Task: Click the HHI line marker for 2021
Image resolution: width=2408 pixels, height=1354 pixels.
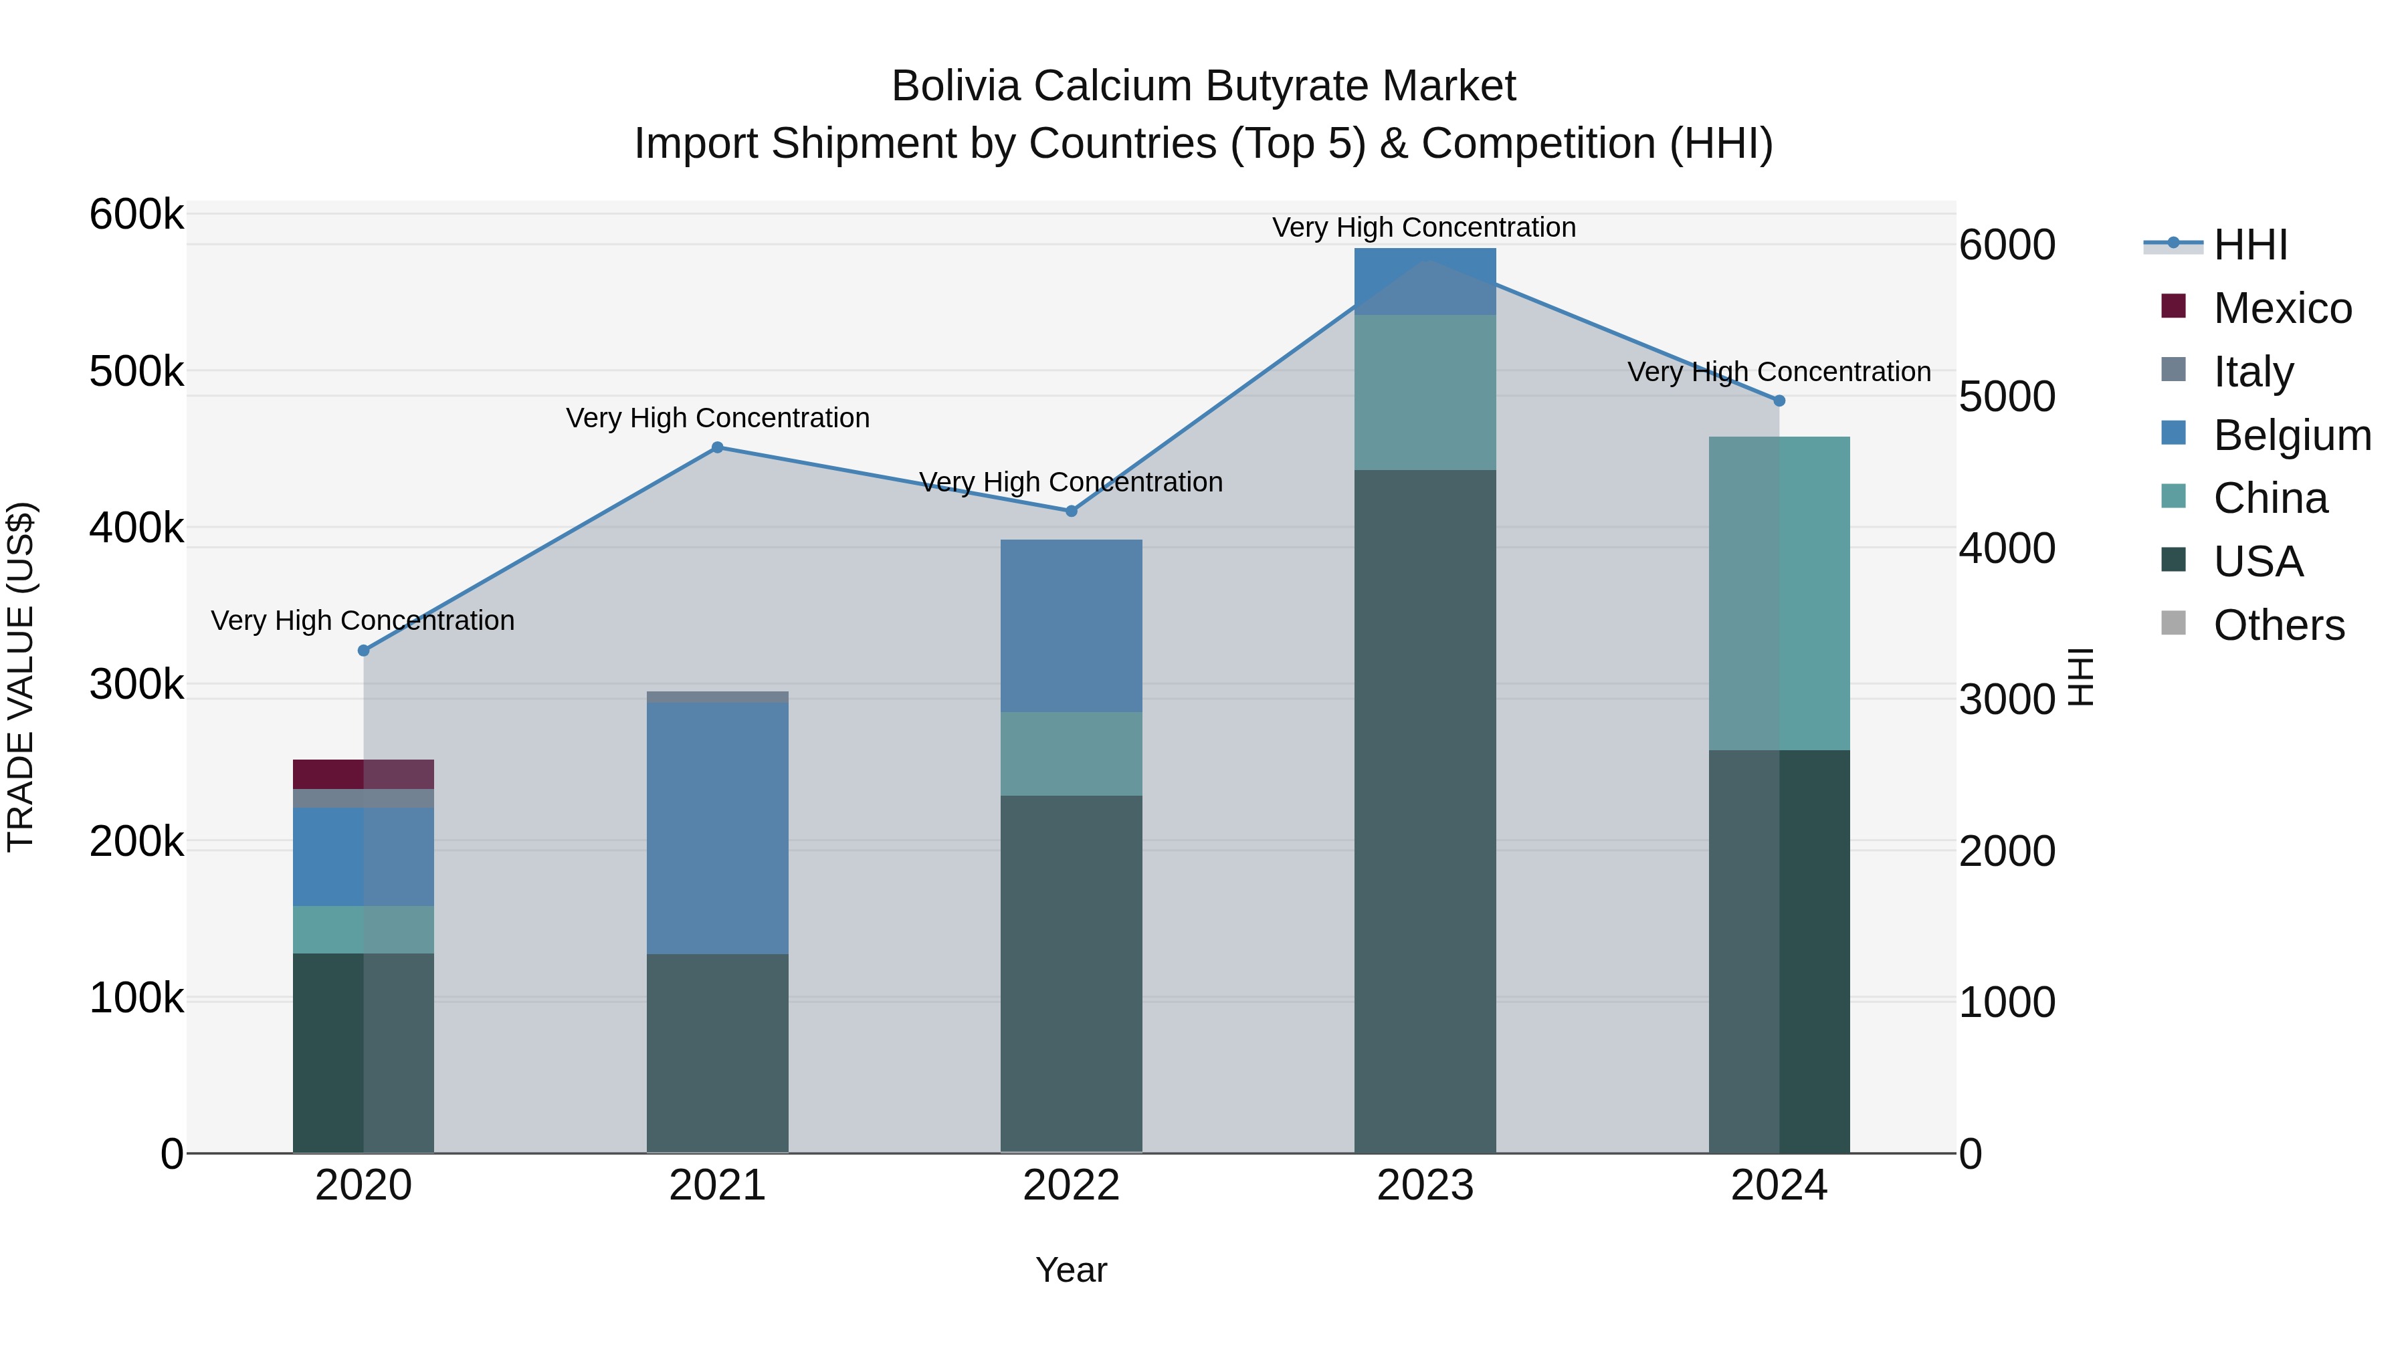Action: pyautogui.click(x=717, y=447)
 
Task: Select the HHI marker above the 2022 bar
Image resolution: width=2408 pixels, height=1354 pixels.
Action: pyautogui.click(x=1072, y=511)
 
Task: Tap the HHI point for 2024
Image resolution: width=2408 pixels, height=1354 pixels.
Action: pyautogui.click(x=1779, y=401)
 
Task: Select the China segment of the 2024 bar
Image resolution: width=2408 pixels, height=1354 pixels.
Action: pyautogui.click(x=1779, y=593)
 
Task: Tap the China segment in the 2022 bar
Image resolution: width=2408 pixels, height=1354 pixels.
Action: pyautogui.click(x=1072, y=754)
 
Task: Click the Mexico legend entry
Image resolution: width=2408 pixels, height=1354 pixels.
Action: pyautogui.click(x=2281, y=308)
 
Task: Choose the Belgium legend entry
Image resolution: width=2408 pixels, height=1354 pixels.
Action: pyautogui.click(x=2290, y=435)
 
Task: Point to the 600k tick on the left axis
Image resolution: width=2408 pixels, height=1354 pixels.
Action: pyautogui.click(x=136, y=215)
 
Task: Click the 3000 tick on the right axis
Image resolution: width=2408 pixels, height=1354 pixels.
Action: pyautogui.click(x=2006, y=700)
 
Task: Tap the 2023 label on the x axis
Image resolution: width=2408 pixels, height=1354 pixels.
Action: pyautogui.click(x=1425, y=1186)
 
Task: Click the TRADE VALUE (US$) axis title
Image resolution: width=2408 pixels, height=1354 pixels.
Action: pyautogui.click(x=21, y=677)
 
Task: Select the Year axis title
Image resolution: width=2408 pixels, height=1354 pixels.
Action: pyautogui.click(x=1072, y=1270)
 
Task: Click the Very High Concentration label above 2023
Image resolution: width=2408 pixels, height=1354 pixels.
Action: pyautogui.click(x=1423, y=227)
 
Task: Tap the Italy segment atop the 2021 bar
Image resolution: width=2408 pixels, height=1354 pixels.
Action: pyautogui.click(x=717, y=697)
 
